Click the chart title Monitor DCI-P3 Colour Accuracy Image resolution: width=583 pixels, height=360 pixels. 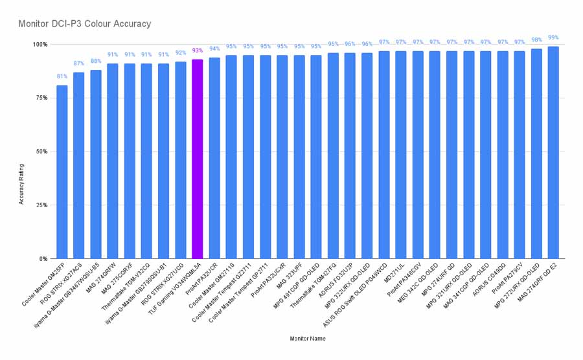point(85,24)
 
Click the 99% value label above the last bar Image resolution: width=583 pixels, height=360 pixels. point(553,38)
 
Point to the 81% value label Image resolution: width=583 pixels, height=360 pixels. point(62,76)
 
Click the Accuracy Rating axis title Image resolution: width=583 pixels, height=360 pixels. point(21,184)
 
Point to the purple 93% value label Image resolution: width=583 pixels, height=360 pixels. point(197,51)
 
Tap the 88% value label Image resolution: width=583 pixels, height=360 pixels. point(96,62)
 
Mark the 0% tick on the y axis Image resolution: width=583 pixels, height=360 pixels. point(42,259)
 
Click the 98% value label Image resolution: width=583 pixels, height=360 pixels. point(536,40)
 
